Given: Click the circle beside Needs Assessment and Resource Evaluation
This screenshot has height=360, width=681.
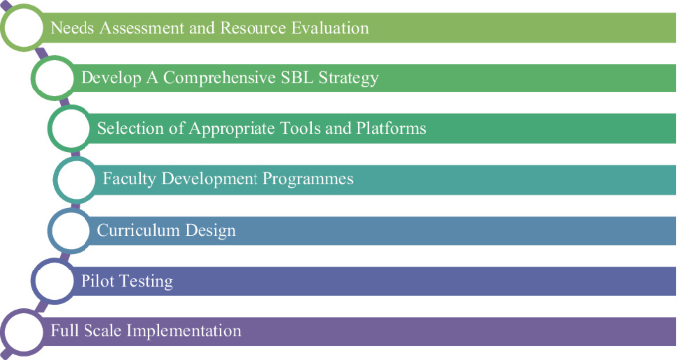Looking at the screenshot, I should coord(25,28).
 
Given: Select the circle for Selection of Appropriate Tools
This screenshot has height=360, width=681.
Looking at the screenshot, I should coord(72,128).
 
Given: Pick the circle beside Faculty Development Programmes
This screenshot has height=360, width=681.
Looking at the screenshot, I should coord(77,180).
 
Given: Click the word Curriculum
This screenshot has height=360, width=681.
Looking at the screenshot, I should coord(137,231).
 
